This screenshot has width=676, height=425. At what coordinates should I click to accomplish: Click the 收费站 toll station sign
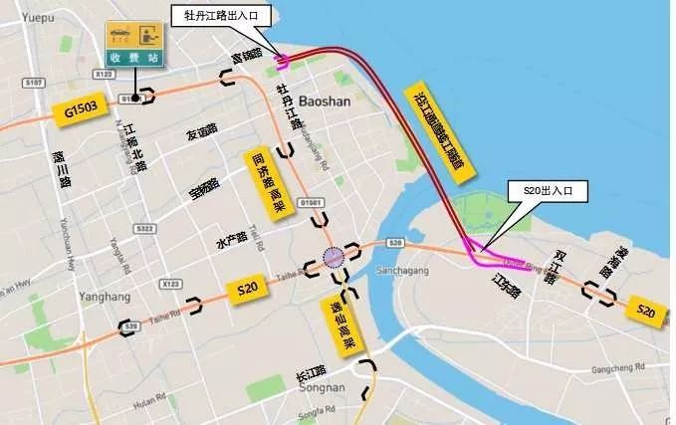pyautogui.click(x=133, y=45)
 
